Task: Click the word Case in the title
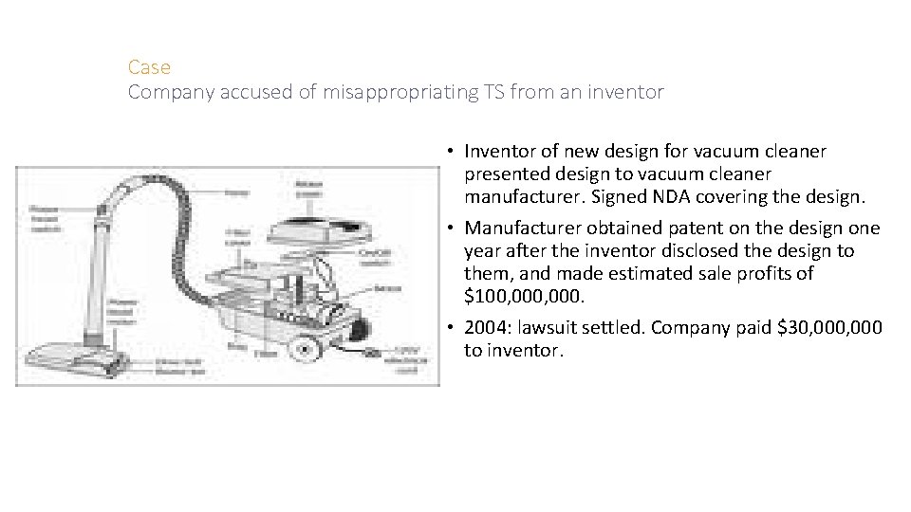coord(149,67)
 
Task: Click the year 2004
coord(486,327)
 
